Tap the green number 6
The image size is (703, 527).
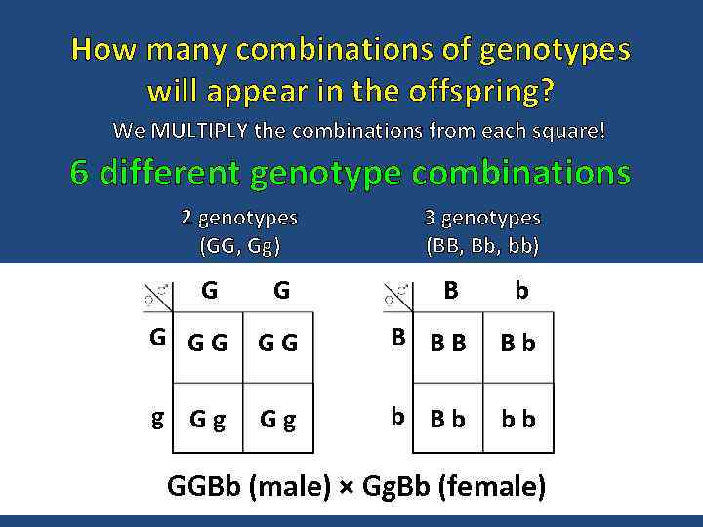(80, 174)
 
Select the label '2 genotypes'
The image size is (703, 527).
(239, 218)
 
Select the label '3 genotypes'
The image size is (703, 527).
(482, 218)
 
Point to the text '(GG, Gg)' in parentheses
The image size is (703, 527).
(239, 245)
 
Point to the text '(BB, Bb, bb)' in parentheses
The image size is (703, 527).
(482, 245)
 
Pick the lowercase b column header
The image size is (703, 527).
(521, 291)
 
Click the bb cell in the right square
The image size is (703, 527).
(517, 419)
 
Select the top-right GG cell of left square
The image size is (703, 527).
(277, 345)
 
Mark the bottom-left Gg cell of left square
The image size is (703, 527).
(207, 419)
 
